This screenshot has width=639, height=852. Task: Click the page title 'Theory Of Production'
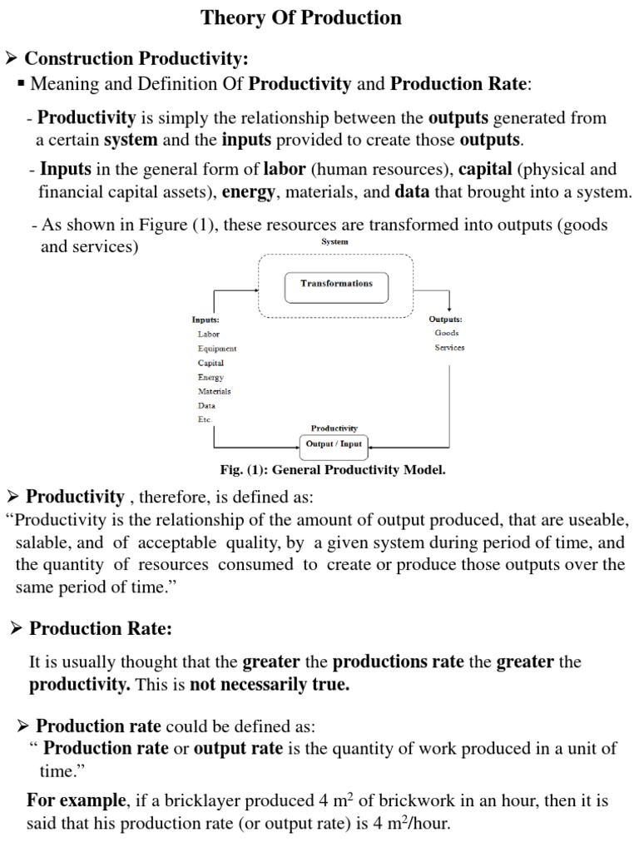[301, 17]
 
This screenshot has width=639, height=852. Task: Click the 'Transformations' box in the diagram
[336, 284]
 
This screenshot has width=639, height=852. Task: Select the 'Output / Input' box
[334, 444]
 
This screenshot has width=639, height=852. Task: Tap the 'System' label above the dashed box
[334, 241]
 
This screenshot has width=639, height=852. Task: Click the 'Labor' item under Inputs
[209, 334]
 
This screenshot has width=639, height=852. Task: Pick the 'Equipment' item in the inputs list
[217, 349]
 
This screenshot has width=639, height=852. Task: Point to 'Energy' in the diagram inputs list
[211, 377]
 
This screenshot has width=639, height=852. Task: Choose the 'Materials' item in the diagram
[214, 391]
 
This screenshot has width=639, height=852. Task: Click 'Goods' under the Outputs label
[447, 333]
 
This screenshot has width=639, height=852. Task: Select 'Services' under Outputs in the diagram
[449, 348]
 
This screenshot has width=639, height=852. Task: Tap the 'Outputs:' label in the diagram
[446, 319]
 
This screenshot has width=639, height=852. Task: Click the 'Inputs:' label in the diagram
[206, 319]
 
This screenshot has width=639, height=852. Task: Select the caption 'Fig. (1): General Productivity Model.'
[333, 469]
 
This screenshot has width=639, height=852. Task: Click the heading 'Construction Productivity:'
[136, 59]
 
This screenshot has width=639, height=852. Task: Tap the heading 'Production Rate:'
[101, 629]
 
